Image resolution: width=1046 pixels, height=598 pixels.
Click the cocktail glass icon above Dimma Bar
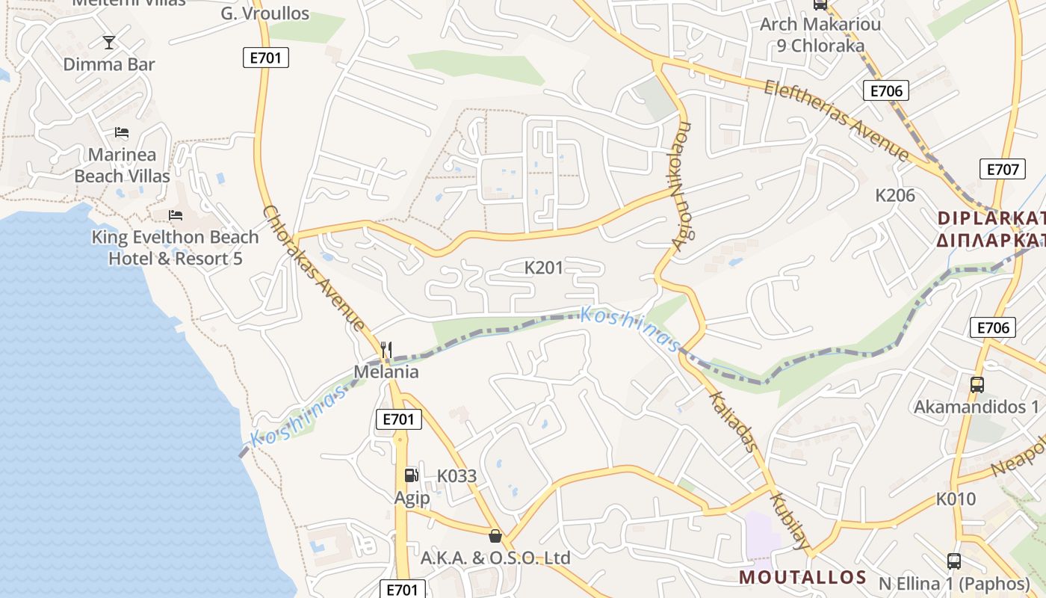click(109, 42)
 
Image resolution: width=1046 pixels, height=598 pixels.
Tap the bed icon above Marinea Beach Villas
click(122, 133)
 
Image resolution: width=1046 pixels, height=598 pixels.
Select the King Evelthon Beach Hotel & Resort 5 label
click(175, 247)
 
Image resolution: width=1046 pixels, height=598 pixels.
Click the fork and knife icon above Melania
click(386, 349)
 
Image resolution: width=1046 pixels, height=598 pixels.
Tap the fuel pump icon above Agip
click(411, 475)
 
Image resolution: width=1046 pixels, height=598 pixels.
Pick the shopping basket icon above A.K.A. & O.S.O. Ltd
click(495, 535)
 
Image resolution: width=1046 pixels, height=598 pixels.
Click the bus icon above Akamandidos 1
click(977, 385)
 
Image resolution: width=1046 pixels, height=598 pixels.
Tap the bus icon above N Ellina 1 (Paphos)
click(954, 561)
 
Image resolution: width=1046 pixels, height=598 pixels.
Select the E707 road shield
click(1002, 169)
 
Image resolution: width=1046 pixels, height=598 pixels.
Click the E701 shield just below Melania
click(399, 419)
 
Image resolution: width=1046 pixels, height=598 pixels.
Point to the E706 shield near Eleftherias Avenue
click(887, 91)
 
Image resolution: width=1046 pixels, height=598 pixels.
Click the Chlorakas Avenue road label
click(315, 268)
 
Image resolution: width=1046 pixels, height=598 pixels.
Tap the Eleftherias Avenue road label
click(836, 120)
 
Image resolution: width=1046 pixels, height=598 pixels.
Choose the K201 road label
click(544, 268)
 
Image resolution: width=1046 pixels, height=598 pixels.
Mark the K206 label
click(895, 196)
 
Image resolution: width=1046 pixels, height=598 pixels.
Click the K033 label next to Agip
click(457, 475)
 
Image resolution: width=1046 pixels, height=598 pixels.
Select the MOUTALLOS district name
click(802, 577)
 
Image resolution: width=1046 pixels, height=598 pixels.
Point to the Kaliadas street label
click(734, 422)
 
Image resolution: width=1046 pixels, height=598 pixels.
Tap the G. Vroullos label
click(265, 13)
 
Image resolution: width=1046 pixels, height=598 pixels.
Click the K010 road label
click(956, 499)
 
